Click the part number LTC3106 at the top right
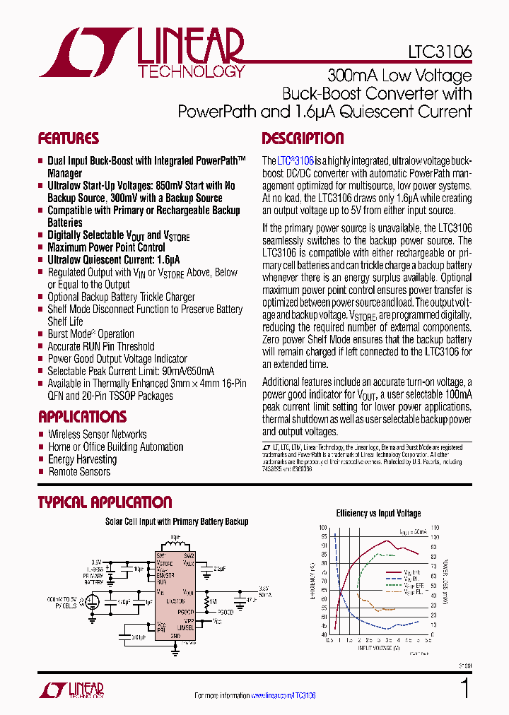pyautogui.click(x=440, y=52)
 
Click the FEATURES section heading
pyautogui.click(x=68, y=138)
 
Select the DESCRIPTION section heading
pyautogui.click(x=303, y=138)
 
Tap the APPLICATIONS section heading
pyautogui.click(x=82, y=417)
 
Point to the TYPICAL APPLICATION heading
pyautogui.click(x=105, y=502)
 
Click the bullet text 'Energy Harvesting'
pyautogui.click(x=82, y=459)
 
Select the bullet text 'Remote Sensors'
pyautogui.click(x=79, y=472)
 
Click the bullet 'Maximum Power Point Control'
pyautogui.click(x=106, y=247)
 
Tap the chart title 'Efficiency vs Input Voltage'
pyautogui.click(x=378, y=514)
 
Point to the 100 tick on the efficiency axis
pyautogui.click(x=323, y=528)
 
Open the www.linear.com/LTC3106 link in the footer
pyautogui.click(x=283, y=696)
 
